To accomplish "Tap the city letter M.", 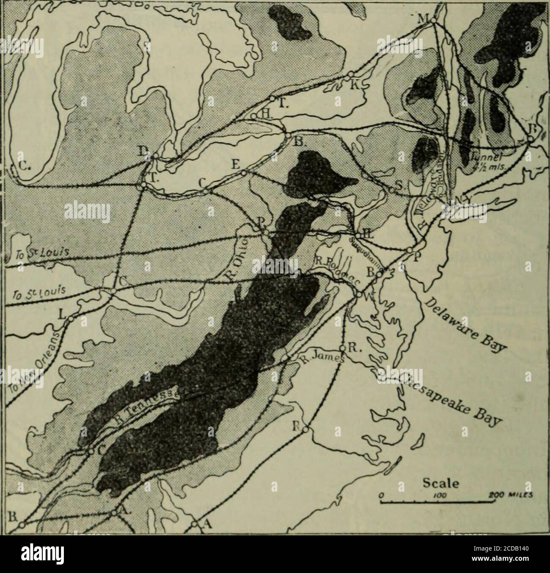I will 424,19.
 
